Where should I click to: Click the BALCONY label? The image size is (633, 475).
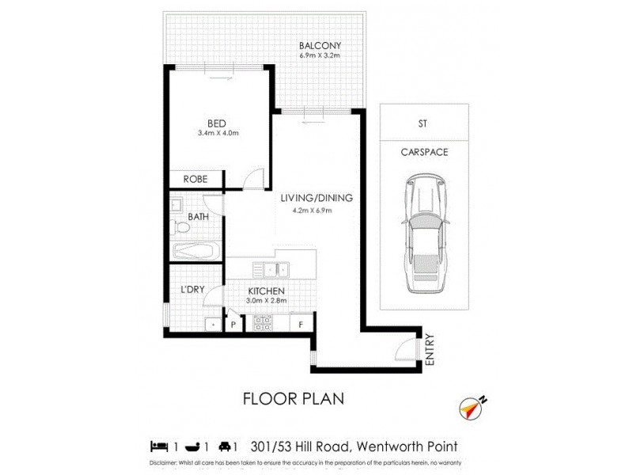320,45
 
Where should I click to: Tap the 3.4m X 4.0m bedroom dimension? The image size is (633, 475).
218,133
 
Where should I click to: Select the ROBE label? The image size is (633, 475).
195,179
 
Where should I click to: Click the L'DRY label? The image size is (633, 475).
192,290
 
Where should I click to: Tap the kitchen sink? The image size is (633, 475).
275,271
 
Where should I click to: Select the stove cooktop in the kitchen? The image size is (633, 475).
262,323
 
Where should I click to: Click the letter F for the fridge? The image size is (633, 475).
300,324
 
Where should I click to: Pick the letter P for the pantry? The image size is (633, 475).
233,325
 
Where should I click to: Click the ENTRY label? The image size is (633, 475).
430,349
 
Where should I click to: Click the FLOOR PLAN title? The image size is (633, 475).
293,398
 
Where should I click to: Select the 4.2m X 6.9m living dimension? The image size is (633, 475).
311,211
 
